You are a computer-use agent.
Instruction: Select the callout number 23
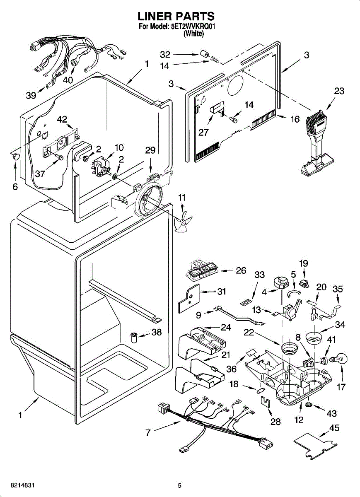pyautogui.click(x=339, y=91)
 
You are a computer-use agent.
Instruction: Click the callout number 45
pyautogui.click(x=334, y=434)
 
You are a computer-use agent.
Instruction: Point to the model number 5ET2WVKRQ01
pyautogui.click(x=193, y=27)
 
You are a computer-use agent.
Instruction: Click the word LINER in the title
pyautogui.click(x=155, y=16)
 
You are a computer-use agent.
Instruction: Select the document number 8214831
pyautogui.click(x=22, y=485)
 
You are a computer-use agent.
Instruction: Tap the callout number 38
pyautogui.click(x=157, y=332)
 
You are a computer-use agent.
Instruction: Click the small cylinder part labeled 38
pyautogui.click(x=134, y=337)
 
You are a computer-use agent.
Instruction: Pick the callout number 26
pyautogui.click(x=241, y=270)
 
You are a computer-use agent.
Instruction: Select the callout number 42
pyautogui.click(x=62, y=119)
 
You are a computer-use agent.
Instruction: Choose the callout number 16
pyautogui.click(x=295, y=119)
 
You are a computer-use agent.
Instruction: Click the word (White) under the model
pyautogui.click(x=193, y=34)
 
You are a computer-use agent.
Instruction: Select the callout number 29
pyautogui.click(x=150, y=150)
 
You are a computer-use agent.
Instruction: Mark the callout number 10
pyautogui.click(x=119, y=147)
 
